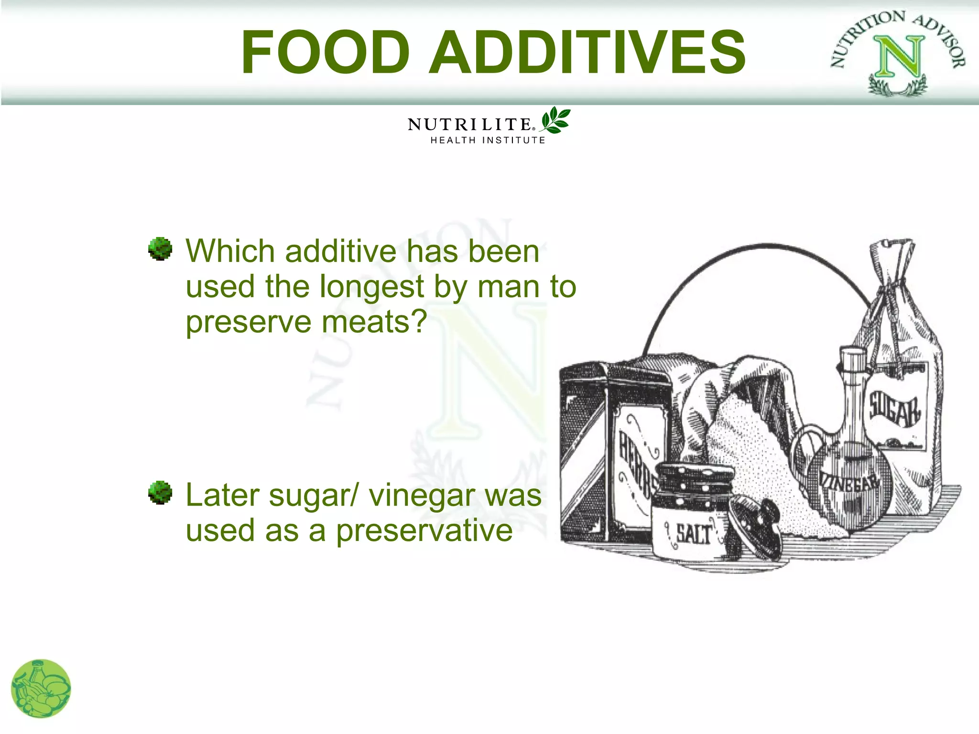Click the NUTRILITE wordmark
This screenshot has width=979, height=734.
click(x=469, y=125)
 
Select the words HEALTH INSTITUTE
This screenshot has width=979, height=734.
click(x=488, y=140)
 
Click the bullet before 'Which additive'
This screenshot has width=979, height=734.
click(x=160, y=249)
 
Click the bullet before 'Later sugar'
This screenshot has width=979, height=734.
click(x=160, y=493)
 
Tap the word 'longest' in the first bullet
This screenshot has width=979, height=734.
click(x=371, y=287)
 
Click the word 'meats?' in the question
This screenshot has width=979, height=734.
click(x=374, y=322)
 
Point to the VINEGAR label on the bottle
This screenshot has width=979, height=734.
click(x=849, y=483)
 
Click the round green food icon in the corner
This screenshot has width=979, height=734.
click(x=41, y=689)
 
